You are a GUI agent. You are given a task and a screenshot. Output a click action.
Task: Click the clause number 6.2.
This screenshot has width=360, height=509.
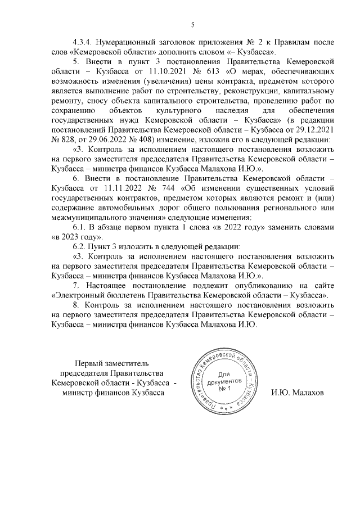coord(80,247)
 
